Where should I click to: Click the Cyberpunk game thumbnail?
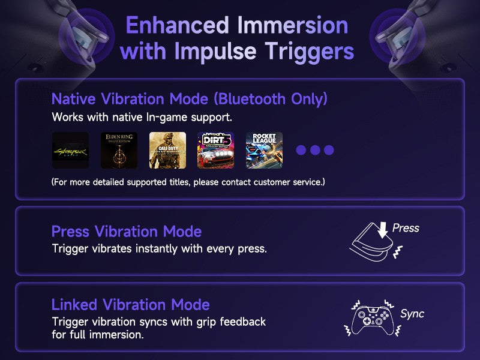tap(70, 151)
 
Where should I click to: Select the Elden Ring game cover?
tap(119, 151)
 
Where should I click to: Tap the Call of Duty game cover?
tap(167, 151)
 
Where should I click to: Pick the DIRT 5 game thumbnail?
tap(216, 151)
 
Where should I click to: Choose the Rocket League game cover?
tap(264, 151)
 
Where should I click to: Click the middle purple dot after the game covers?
tap(315, 150)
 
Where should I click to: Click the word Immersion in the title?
tap(293, 25)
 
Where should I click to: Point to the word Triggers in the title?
tap(309, 51)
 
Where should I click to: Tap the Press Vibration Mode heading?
tap(127, 232)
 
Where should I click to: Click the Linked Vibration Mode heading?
tap(130, 305)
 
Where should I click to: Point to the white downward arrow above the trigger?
tap(382, 230)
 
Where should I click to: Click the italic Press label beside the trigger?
tap(406, 228)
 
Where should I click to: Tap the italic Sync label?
tap(412, 314)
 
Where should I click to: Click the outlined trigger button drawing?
tap(371, 242)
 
